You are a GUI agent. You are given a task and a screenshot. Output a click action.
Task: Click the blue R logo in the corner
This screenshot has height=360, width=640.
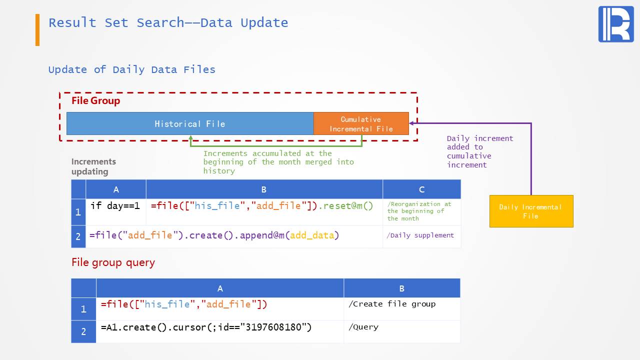[x=615, y=24]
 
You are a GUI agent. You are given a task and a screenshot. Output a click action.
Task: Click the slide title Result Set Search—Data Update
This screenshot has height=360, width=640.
[x=168, y=23]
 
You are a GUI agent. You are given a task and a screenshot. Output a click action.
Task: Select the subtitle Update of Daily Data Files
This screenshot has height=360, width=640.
[x=131, y=69]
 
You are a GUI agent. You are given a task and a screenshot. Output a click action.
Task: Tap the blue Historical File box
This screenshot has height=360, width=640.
[x=190, y=123]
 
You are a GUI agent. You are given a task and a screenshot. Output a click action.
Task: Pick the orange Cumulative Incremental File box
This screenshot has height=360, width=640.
[x=361, y=123]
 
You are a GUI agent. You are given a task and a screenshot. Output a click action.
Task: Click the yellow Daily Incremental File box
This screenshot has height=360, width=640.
[x=531, y=211]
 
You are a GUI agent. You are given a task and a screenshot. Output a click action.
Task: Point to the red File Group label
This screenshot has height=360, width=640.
[x=95, y=100]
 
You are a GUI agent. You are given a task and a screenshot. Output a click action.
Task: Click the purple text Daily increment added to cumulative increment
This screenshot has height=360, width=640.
[x=479, y=151]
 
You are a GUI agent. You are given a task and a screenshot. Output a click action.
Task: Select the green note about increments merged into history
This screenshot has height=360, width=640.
[x=278, y=162]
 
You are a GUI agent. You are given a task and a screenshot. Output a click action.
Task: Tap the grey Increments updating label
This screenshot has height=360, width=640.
[x=93, y=166]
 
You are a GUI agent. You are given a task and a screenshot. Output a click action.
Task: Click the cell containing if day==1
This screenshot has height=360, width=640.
[x=115, y=206]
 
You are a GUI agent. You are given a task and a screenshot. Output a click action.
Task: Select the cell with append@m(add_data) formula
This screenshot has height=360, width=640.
[x=214, y=235]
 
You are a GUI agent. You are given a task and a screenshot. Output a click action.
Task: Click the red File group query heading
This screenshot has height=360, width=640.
[x=113, y=262]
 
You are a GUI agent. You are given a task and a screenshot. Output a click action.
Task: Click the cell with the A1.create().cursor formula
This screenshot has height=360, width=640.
[x=206, y=327]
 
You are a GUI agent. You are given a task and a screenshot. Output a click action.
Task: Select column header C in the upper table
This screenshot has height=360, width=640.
[x=421, y=189]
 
